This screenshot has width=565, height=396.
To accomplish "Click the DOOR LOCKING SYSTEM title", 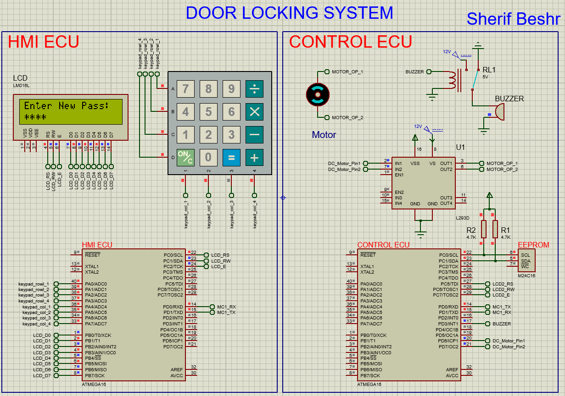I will pos(289,13).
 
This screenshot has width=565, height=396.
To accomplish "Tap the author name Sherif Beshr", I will pos(513,19).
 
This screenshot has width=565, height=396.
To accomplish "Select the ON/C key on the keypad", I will pos(185,157).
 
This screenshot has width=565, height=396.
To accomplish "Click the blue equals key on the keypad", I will pos(231,157).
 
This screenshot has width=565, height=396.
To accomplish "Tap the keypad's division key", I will pos(254,88).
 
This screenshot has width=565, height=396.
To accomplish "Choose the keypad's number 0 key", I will pos(208,157).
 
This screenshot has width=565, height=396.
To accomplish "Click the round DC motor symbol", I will pos(318,94).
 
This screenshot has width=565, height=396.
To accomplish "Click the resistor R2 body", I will pos(483,229).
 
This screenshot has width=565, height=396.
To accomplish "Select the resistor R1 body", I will pos(495,229).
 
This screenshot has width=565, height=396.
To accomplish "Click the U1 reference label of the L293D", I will pos(460,148).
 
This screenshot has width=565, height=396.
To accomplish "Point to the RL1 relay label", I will pos(489,70).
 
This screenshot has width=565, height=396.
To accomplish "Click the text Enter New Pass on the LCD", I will pos(66,106).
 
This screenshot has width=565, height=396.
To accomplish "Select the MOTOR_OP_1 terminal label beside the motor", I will pos(347,71).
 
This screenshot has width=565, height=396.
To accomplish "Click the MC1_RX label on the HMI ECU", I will pos(226,307).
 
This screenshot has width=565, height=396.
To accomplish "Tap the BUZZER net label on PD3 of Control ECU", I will pos(501,324).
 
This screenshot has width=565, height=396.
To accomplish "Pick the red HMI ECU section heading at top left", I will pos(44,42).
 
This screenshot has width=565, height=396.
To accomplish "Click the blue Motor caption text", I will pos(324,135).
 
